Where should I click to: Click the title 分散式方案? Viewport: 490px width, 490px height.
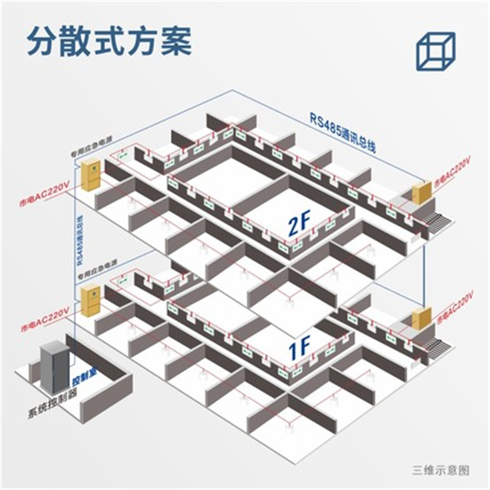point(109,41)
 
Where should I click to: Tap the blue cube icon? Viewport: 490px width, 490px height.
point(434,50)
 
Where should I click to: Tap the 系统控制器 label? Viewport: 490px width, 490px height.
point(52,412)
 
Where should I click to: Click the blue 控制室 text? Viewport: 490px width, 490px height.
point(83,380)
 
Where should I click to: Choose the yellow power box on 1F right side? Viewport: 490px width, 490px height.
point(421,319)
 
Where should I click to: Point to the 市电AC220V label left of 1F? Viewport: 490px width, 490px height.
point(44,318)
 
